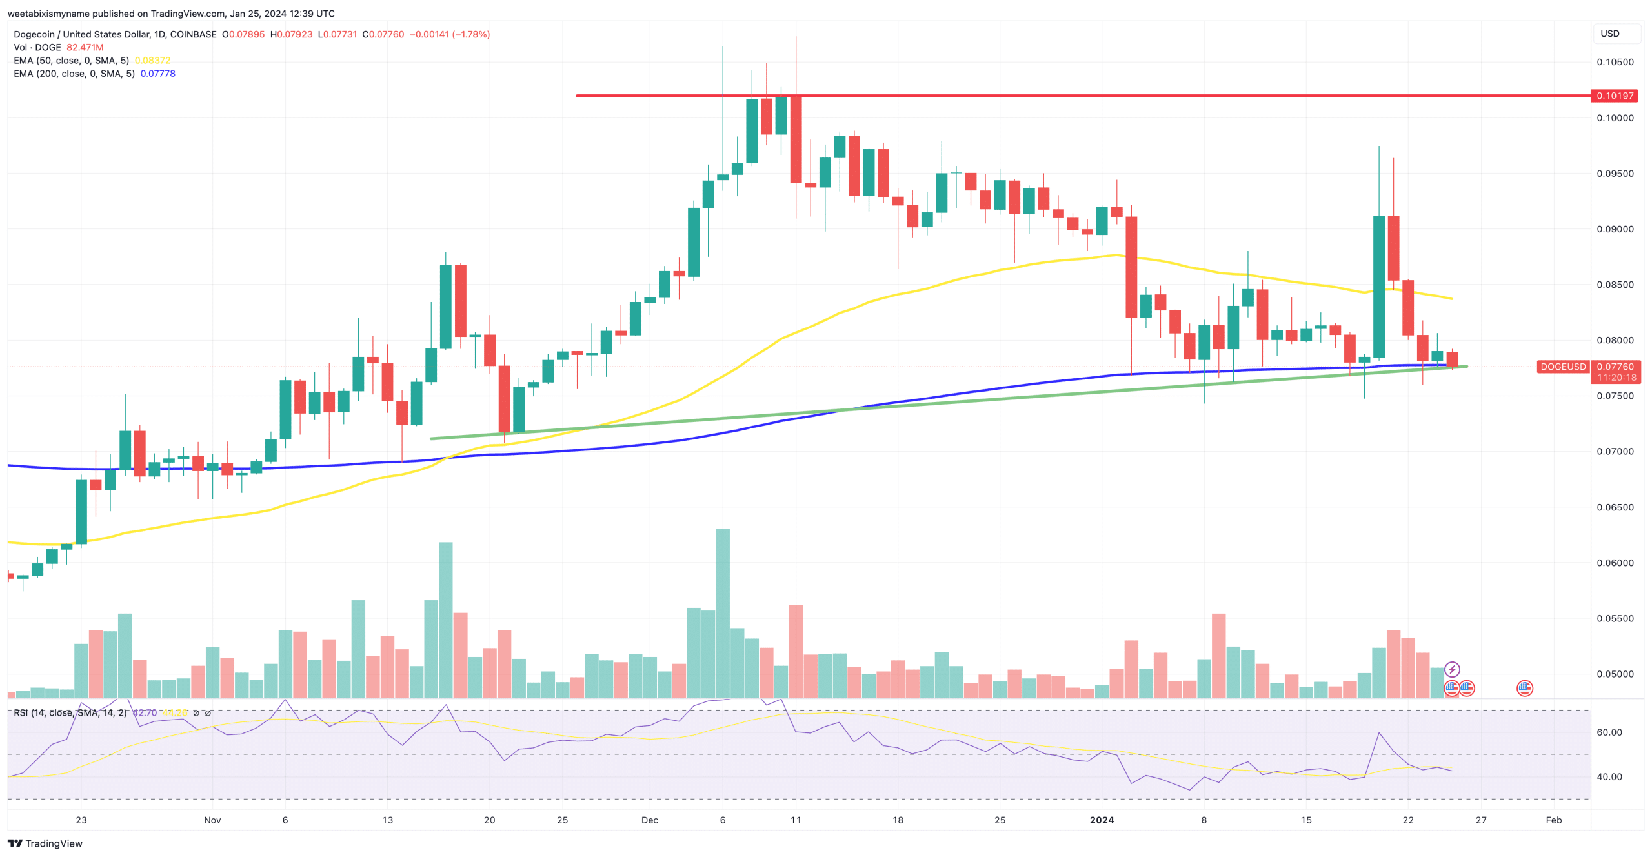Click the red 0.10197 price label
tap(1615, 96)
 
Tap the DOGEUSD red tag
tap(1562, 367)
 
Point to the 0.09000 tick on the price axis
tap(1615, 229)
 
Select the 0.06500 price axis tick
tap(1615, 507)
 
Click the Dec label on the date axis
tap(649, 820)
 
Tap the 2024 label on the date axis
tap(1102, 820)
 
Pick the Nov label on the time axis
tap(212, 820)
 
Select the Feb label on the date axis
tap(1553, 820)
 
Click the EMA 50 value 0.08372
tap(152, 61)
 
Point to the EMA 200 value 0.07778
tap(158, 74)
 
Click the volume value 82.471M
tap(85, 48)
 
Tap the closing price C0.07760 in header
tap(383, 34)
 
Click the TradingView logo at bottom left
tap(45, 843)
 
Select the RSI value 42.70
tap(145, 712)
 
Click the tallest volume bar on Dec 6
tap(723, 613)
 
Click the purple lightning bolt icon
tap(1452, 669)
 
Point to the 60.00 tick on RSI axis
tap(1609, 732)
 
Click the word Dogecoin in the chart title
tap(36, 34)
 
